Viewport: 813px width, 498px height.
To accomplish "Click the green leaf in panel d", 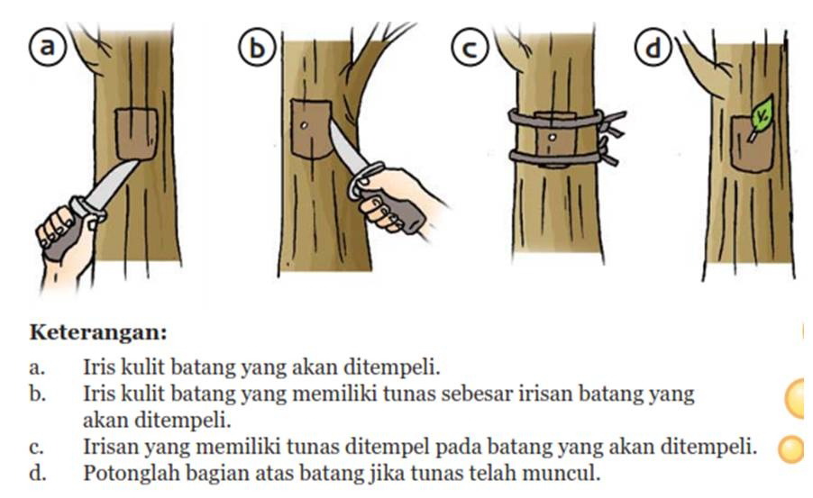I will (x=763, y=113).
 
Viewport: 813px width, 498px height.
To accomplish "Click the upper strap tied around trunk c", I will (x=554, y=117).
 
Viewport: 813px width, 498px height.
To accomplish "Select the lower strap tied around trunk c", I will (x=554, y=158).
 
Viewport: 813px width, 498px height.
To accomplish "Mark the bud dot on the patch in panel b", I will (x=305, y=125).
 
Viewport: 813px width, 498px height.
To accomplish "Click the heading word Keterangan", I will (x=99, y=332).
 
